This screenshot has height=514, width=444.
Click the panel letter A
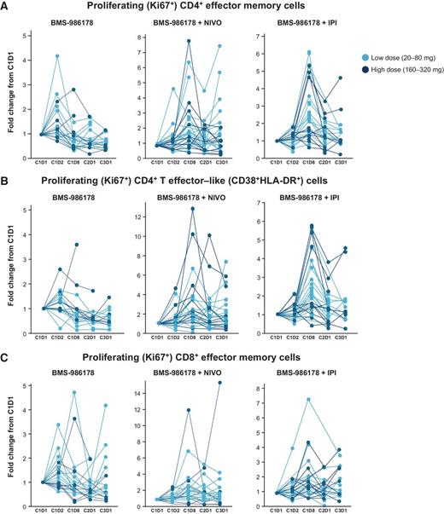(7, 8)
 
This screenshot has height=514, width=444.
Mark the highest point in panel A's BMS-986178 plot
(80, 56)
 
